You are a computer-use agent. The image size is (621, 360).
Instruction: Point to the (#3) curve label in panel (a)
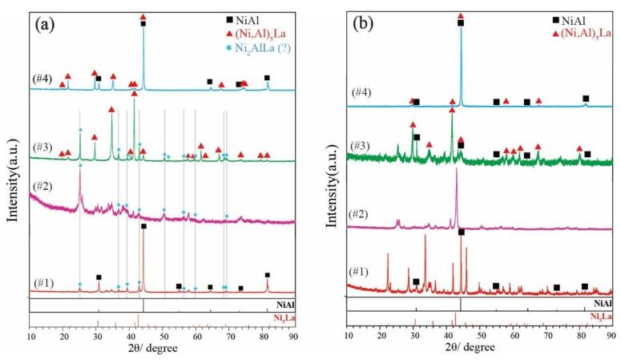pos(42,147)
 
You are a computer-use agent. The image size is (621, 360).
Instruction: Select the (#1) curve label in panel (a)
pos(42,281)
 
